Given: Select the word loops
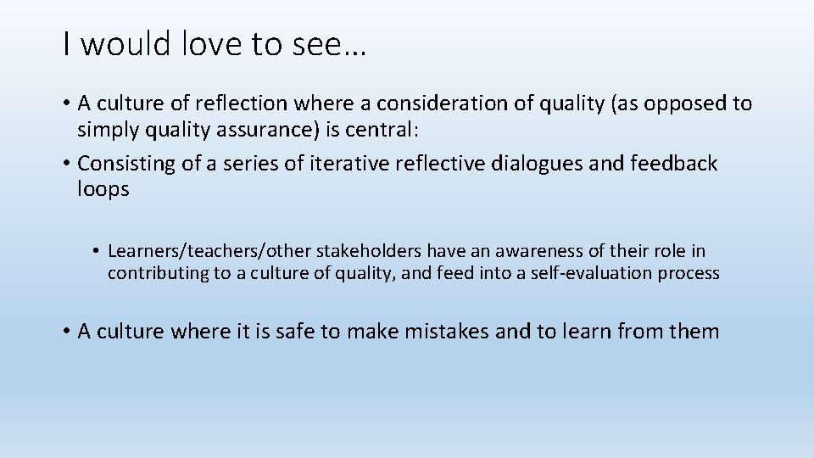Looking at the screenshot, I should point(103,189).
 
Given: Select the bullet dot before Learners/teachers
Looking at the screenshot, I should point(98,251).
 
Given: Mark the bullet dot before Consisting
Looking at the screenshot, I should point(66,163).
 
